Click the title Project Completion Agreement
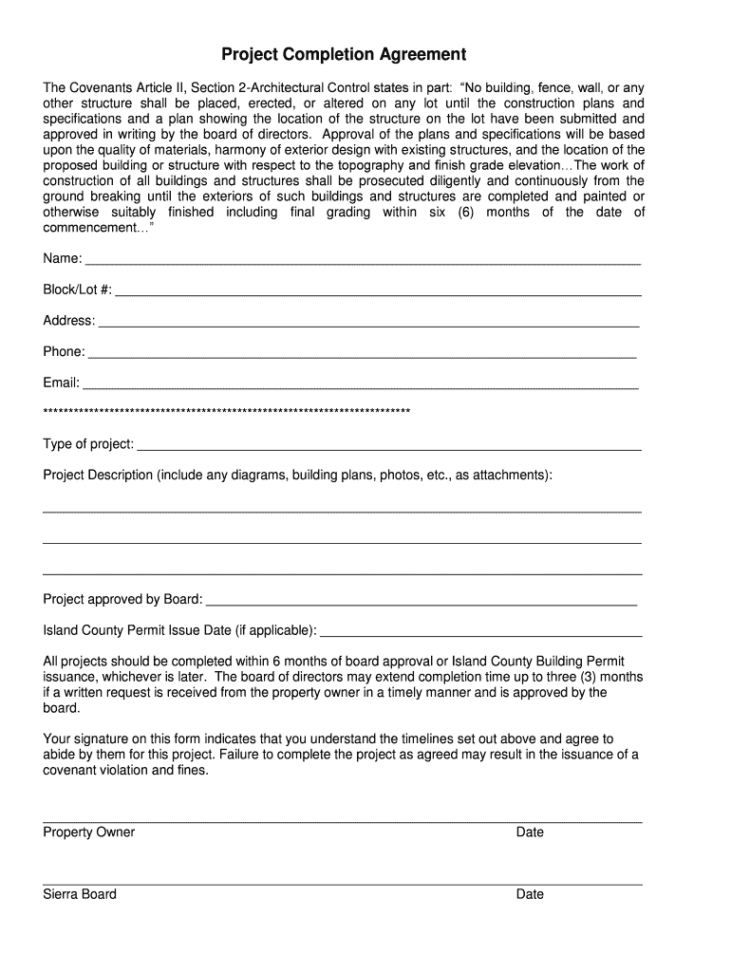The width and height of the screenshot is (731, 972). (344, 54)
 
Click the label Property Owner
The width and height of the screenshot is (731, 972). (89, 832)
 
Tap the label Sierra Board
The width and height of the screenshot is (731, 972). (80, 894)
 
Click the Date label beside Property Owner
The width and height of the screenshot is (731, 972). (530, 832)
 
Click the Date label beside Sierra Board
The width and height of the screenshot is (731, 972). (530, 894)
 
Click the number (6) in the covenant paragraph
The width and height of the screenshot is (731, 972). (465, 212)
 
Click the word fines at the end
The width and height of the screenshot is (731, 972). (189, 771)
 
